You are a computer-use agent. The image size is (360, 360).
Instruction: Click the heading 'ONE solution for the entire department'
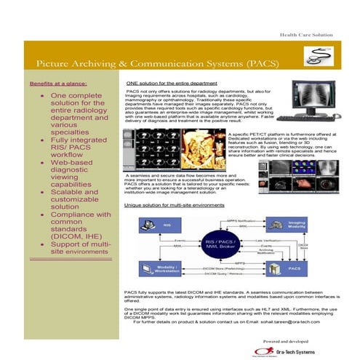[x=173, y=84]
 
